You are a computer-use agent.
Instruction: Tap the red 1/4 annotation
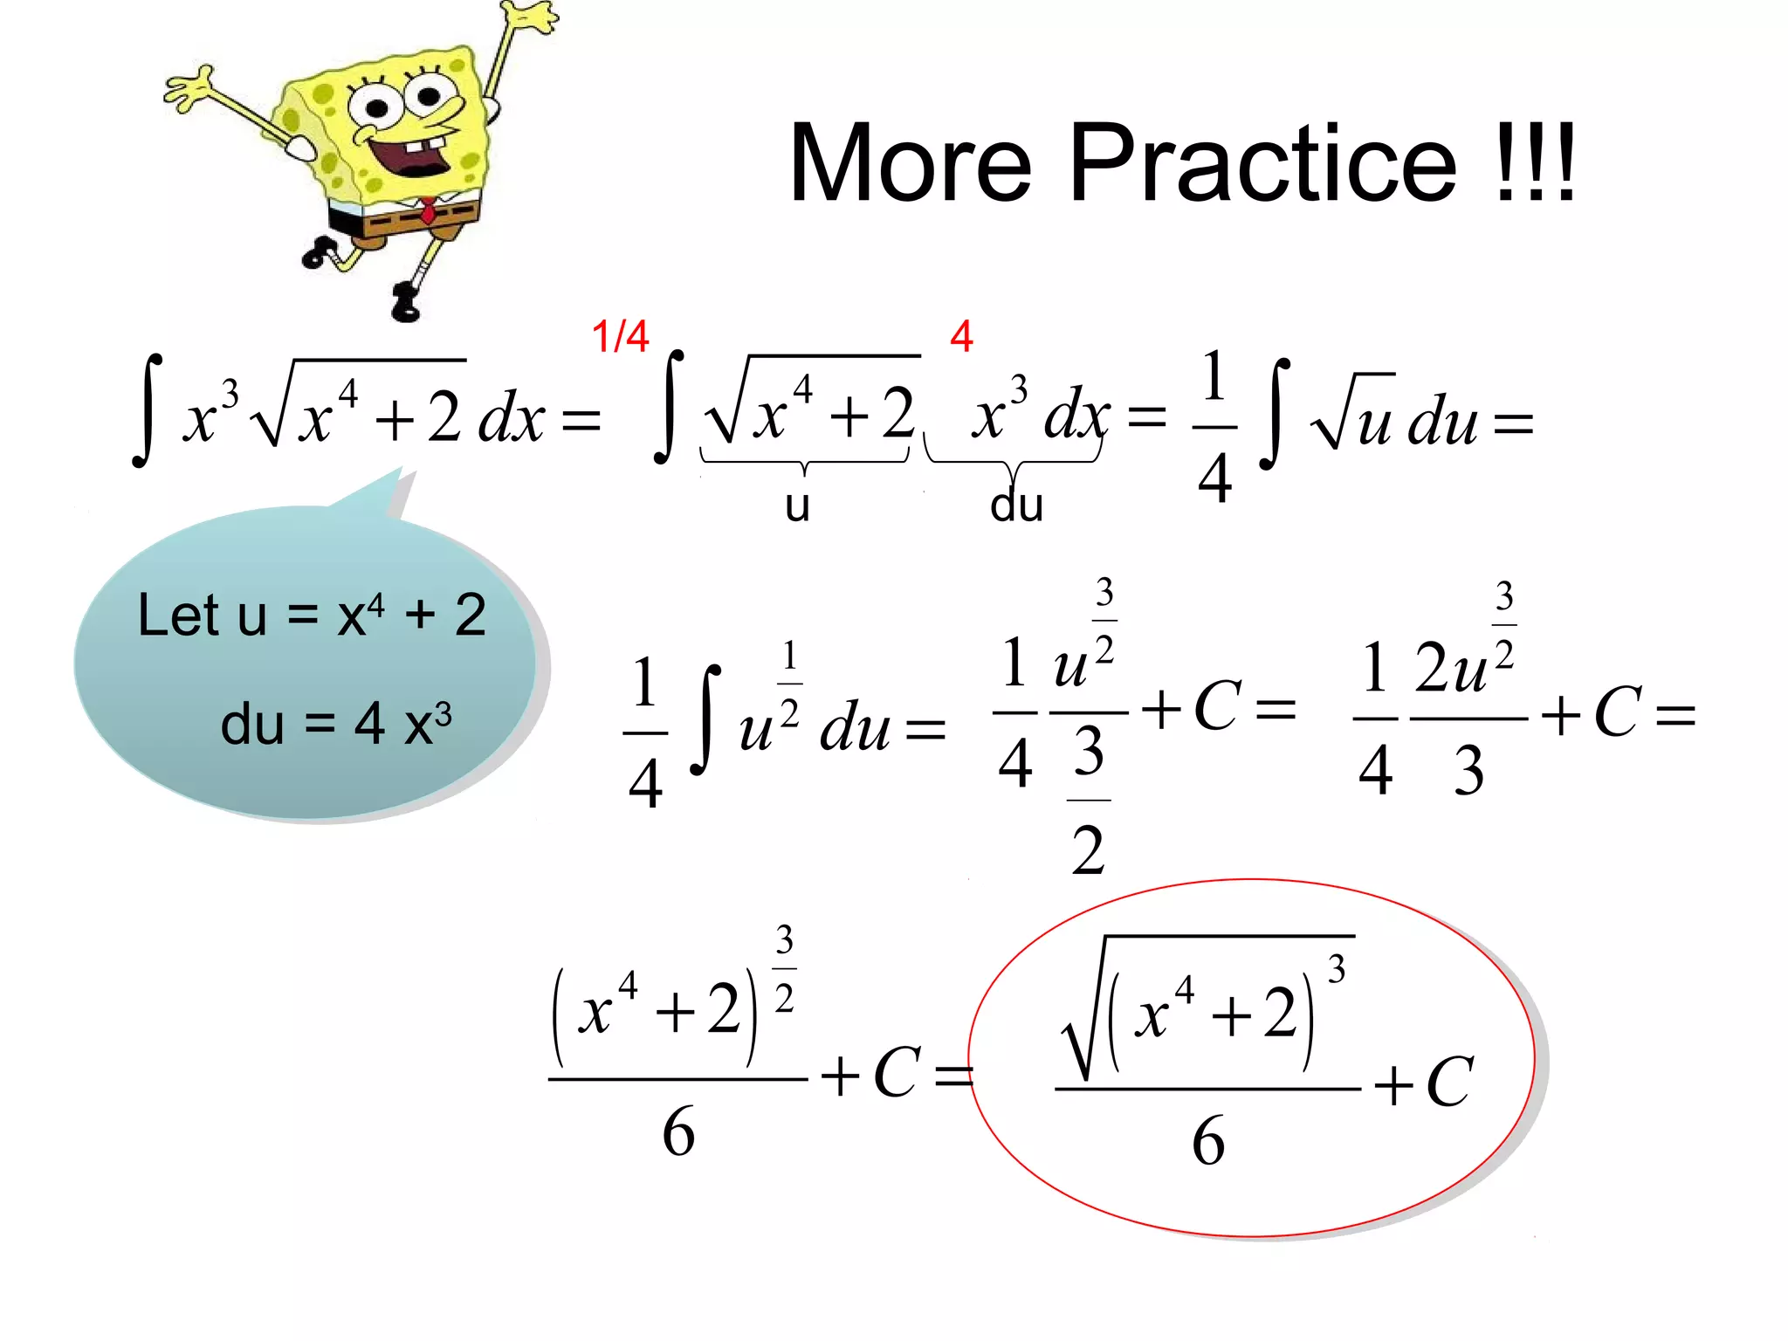[620, 336]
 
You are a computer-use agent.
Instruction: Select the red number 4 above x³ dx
[961, 336]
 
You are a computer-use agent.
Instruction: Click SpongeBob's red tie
[428, 211]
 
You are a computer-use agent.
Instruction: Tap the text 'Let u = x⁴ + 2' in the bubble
[312, 615]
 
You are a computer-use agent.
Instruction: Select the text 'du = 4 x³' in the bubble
[336, 724]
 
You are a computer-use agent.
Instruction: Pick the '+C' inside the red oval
[1423, 1083]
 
